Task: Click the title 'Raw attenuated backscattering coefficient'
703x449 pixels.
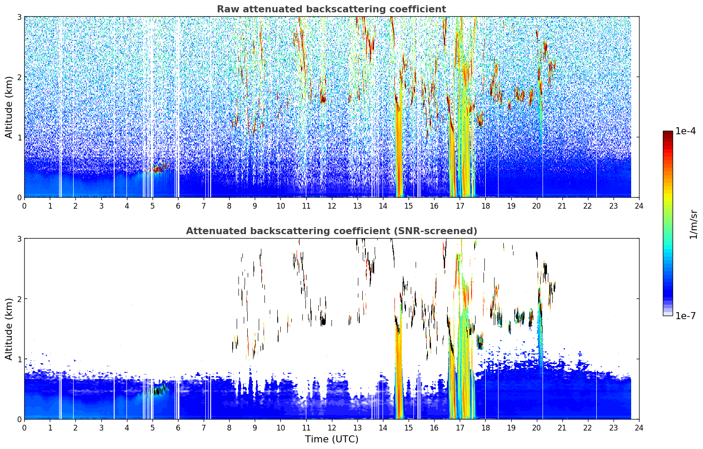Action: pos(331,9)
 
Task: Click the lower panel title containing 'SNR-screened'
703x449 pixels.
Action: pos(331,231)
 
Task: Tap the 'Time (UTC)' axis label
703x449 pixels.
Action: pos(331,439)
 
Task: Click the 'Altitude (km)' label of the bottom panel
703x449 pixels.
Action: pos(9,329)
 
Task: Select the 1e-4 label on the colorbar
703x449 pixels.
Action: pos(685,131)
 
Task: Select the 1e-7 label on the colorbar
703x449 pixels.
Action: pos(685,316)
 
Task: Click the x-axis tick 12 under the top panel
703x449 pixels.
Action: pos(332,206)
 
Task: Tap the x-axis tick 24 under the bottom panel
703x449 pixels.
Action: pos(639,428)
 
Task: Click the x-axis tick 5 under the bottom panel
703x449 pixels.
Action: pos(153,428)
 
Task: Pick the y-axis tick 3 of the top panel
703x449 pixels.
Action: pos(19,17)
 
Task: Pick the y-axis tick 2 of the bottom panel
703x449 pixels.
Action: pos(19,299)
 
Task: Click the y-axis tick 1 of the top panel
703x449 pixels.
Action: pos(19,137)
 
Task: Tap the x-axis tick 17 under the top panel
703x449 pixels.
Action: pos(460,206)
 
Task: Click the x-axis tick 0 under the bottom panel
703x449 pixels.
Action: pos(25,428)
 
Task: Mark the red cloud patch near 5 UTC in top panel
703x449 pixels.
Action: pos(157,169)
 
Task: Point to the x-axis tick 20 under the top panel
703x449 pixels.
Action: pos(537,206)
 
